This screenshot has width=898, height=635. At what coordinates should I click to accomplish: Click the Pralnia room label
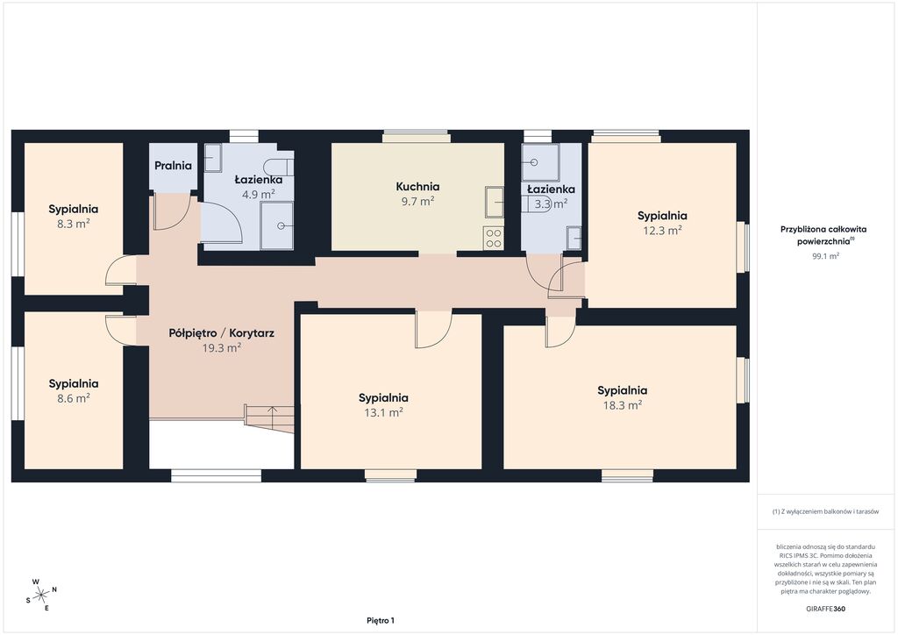click(173, 166)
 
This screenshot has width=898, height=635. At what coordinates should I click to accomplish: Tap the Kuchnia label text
click(417, 187)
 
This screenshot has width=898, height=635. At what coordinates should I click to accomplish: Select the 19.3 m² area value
click(222, 347)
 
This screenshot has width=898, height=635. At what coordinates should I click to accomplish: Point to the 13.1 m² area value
click(383, 412)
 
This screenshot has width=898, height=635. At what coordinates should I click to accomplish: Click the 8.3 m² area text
click(74, 224)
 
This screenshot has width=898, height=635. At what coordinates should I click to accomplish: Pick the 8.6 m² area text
click(74, 398)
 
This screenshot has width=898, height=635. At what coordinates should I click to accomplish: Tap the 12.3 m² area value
click(662, 231)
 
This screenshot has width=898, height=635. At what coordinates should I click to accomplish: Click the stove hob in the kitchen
click(493, 239)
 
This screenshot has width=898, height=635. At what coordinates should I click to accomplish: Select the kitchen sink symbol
click(495, 202)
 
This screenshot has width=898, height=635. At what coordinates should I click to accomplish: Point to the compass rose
click(41, 595)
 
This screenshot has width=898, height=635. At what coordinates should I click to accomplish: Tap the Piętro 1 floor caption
click(381, 621)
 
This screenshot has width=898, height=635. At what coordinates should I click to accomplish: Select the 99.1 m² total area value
click(825, 256)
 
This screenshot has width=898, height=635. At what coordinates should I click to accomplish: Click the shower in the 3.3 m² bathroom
click(540, 162)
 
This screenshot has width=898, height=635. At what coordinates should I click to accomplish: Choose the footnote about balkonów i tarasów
click(825, 511)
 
